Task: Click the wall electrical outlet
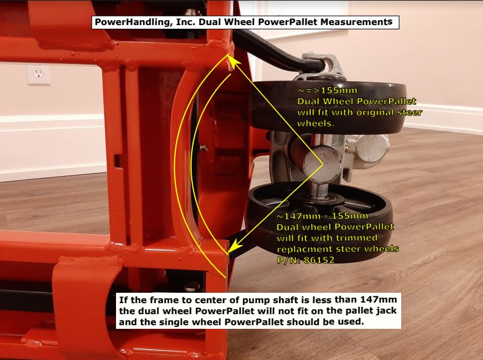38,74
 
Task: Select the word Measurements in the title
360,23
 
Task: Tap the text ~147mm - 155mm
322,216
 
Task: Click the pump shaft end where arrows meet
322,164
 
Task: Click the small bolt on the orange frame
204,147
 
